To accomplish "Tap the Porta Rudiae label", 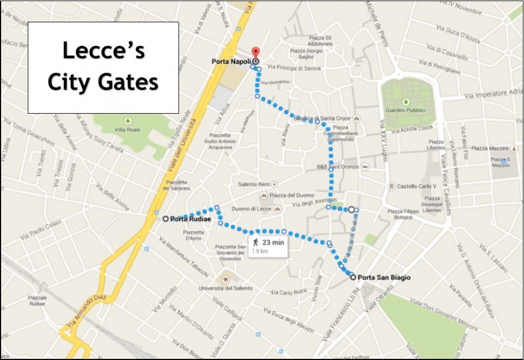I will coord(191,219).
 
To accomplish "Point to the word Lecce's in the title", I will coord(103,51).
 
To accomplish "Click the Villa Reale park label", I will coord(128,130).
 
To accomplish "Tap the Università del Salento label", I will coord(226,288).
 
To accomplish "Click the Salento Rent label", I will coord(254,184).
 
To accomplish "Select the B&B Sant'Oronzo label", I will coord(337,167).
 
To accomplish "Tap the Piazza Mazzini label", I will coord(490,149).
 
